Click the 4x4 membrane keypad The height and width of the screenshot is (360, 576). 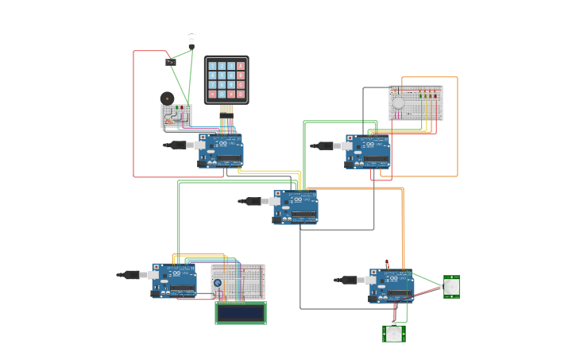point(226,79)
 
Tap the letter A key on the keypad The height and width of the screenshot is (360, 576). point(241,66)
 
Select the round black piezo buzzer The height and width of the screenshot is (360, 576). point(167,98)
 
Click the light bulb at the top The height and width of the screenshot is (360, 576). point(191,40)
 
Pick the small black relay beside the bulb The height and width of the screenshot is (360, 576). point(171,61)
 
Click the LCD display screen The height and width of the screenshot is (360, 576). point(241,313)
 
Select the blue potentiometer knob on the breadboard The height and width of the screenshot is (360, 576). point(217,283)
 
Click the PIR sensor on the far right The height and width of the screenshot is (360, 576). point(451,286)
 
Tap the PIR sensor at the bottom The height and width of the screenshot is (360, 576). point(394,334)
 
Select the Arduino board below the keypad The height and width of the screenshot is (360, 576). point(222,150)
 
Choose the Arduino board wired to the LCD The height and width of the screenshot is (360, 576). point(175,281)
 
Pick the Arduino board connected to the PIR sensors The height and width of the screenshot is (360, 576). point(392,285)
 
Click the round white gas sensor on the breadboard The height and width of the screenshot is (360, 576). point(398,103)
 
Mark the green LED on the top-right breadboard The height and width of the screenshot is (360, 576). point(421,95)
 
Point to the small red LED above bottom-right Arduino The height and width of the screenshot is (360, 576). point(387,262)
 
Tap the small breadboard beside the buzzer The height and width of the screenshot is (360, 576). point(176,116)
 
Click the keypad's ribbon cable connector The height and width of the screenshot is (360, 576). point(226,109)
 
